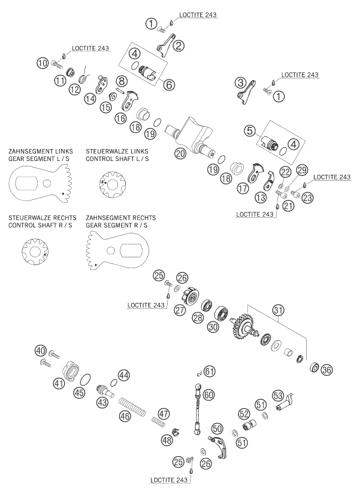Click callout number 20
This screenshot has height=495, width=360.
[x=180, y=153]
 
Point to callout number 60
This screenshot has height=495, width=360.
[x=208, y=395]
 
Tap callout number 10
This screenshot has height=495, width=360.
[x=41, y=62]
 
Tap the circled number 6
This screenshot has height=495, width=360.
[x=170, y=85]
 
